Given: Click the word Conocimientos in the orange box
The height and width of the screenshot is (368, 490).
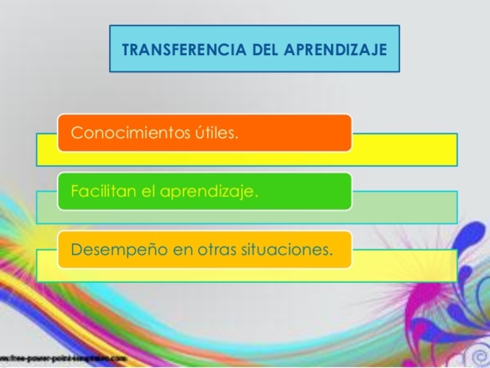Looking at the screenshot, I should point(119,133).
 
